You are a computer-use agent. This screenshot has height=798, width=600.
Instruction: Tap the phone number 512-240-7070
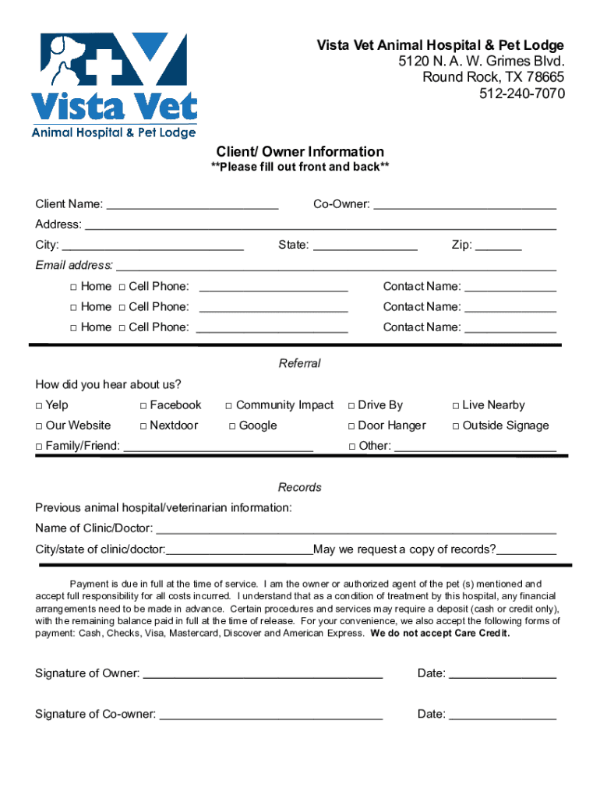coord(522,94)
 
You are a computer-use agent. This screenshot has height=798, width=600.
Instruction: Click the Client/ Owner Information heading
coord(300,151)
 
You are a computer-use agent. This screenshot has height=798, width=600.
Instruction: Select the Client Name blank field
coord(192,206)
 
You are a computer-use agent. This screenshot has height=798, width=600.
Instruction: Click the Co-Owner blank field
coord(465,206)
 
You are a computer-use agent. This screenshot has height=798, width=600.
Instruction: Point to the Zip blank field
coord(499,246)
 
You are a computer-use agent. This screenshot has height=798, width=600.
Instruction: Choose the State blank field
coord(365,246)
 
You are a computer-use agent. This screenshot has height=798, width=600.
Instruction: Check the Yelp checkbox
coord(39,406)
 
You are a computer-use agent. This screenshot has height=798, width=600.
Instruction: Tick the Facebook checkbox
coord(143,406)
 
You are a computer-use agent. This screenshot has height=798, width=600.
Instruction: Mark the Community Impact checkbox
coord(229,406)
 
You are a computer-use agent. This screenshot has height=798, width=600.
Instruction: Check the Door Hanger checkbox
coord(351,426)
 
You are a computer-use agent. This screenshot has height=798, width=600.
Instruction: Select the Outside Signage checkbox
coord(456,426)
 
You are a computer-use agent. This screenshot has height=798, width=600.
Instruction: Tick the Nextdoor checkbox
coord(143,426)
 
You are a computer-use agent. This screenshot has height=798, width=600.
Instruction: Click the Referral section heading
coord(300,363)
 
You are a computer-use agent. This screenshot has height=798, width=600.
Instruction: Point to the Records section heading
coord(300,487)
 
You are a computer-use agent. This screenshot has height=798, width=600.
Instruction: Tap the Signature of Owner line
coord(263,675)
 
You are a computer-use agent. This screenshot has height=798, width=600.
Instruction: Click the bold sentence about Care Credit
coord(440,634)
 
